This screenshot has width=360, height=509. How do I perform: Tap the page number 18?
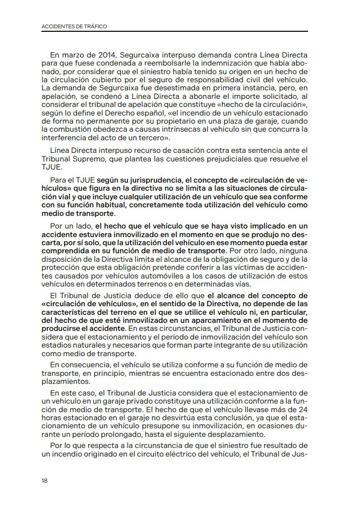coord(45,481)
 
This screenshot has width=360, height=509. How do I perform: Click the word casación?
coord(195,151)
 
